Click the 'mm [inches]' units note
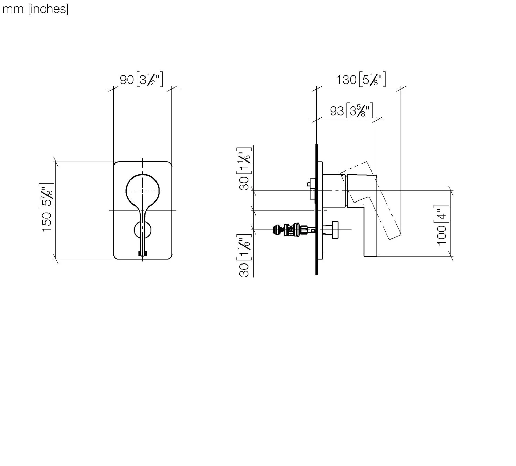[x=35, y=9]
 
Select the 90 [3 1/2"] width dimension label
[x=141, y=80]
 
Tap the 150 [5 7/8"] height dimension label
[x=47, y=208]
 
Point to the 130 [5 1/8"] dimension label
[x=361, y=80]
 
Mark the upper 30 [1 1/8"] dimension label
[x=244, y=169]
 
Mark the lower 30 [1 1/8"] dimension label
[x=244, y=255]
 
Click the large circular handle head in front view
[x=142, y=190]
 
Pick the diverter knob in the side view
[x=334, y=230]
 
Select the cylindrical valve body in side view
[x=334, y=190]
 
